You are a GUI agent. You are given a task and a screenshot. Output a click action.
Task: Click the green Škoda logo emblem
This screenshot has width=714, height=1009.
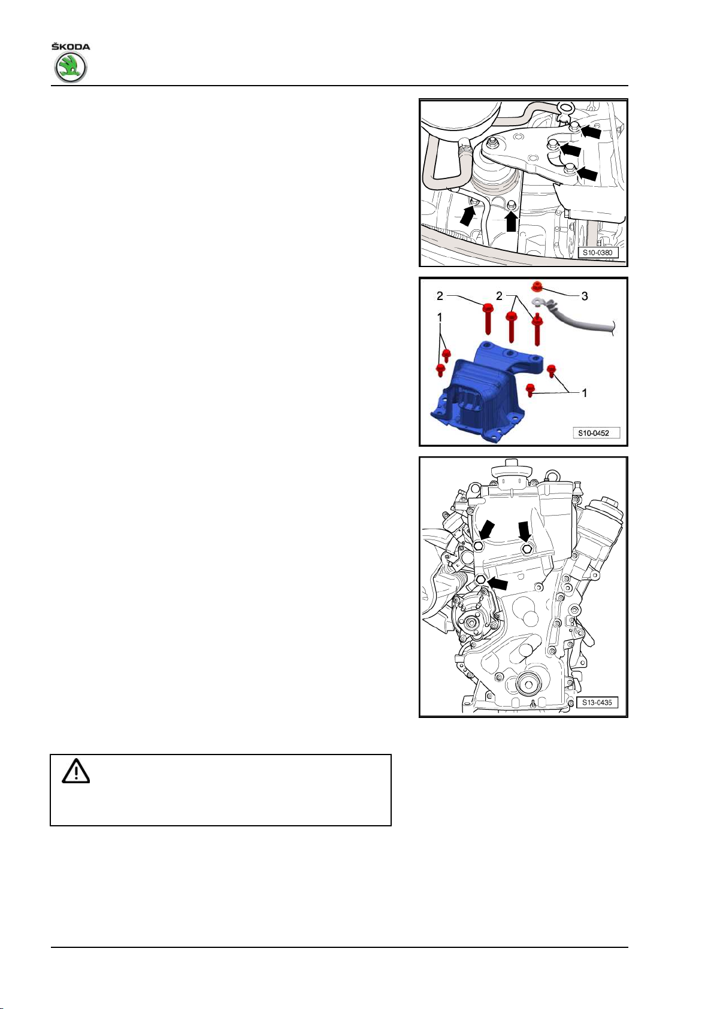70,67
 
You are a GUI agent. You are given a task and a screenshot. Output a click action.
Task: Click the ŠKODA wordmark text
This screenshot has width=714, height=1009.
70,46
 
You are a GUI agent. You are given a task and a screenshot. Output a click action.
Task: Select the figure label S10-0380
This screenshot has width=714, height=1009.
598,253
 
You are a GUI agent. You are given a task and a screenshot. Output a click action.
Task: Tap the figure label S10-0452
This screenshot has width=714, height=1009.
594,433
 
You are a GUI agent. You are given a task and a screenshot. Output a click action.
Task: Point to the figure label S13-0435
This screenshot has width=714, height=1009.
597,702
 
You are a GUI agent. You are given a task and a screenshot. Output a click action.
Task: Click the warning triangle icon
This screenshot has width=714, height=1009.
75,771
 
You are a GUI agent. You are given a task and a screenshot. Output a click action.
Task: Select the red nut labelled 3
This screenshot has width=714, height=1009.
537,286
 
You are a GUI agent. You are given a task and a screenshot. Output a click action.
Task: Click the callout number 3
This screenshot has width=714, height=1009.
584,296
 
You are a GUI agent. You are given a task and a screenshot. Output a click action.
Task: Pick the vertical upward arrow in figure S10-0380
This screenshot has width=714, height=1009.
511,221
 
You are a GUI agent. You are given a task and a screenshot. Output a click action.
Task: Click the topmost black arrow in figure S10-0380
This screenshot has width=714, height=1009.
590,131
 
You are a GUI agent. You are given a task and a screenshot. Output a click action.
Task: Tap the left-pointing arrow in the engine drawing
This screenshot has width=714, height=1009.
498,583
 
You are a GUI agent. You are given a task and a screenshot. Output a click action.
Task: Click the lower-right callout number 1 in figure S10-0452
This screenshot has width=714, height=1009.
584,393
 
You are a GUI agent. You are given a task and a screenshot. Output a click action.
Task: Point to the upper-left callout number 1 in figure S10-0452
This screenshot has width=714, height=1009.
440,317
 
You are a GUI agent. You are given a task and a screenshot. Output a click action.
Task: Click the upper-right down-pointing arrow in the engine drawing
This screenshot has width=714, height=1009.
524,532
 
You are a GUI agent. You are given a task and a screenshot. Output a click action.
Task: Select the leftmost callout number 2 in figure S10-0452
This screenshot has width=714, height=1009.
440,296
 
